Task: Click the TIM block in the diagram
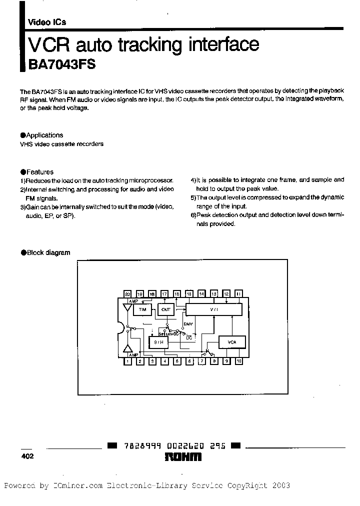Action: tap(142, 309)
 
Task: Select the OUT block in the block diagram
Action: tap(166, 309)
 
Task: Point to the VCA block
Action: tap(231, 342)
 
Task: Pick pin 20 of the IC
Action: tap(127, 294)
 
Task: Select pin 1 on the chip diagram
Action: tap(127, 360)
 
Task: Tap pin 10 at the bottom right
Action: tap(238, 360)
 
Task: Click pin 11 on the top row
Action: tap(238, 294)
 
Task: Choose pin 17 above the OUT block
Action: tap(164, 294)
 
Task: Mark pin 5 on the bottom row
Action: tap(177, 360)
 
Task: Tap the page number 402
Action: tap(27, 456)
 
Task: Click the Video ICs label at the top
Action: tap(47, 22)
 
